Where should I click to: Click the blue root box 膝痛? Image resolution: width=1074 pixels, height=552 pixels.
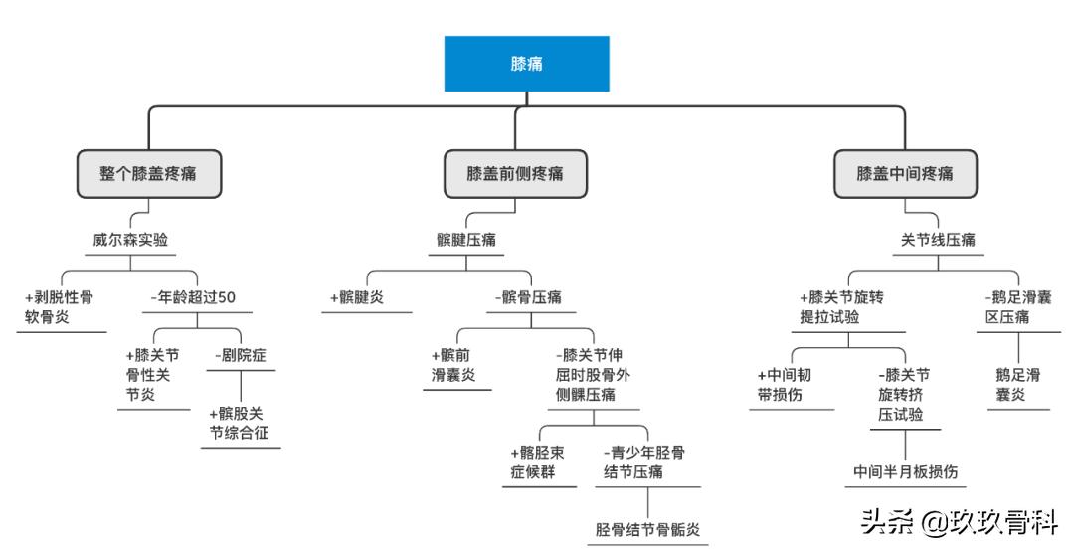[x=526, y=64]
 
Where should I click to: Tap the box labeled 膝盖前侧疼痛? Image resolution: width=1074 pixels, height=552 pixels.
[x=515, y=173]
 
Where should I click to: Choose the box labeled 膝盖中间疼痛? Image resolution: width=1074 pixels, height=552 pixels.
[x=905, y=173]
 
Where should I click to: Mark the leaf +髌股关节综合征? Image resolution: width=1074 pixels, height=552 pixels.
[x=239, y=423]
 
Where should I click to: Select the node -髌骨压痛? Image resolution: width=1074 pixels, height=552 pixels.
[x=528, y=296]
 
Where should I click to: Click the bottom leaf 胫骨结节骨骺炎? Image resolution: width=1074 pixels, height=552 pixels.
[x=646, y=529]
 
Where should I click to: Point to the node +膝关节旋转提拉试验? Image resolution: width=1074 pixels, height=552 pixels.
[x=841, y=307]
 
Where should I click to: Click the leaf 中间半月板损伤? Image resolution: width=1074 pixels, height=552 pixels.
[x=905, y=471]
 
